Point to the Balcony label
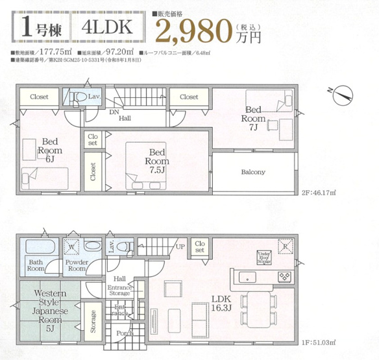coord(253,172)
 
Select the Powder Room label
coord(77,266)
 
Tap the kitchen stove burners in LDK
coord(285,276)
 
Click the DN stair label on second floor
coord(114,112)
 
